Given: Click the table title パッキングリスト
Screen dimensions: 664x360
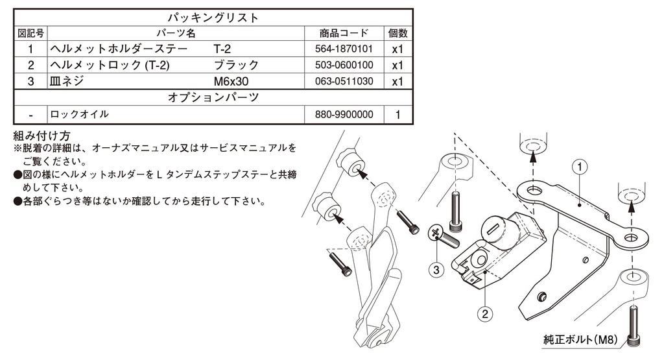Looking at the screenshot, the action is (213, 18).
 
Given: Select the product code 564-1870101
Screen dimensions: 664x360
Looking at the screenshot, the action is (344, 49).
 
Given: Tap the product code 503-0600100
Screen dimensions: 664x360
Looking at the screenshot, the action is (344, 65).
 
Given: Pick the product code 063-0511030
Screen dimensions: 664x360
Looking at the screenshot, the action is (344, 81).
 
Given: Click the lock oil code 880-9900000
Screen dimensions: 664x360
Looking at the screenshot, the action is (344, 114).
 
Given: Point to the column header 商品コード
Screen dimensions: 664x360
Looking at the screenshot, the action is (344, 33).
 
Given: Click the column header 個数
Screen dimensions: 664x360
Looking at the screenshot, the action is (397, 33).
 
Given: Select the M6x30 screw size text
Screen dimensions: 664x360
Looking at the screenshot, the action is (231, 81).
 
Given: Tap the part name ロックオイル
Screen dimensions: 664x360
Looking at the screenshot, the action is (79, 114).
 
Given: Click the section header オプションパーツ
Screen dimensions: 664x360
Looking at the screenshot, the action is (213, 97).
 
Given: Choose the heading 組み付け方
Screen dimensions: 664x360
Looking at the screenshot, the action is (41, 136).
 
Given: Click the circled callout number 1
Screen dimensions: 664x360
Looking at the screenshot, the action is (580, 167).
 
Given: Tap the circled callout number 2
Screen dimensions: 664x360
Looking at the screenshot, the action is (485, 314).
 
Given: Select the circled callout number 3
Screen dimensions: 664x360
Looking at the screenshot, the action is (436, 270).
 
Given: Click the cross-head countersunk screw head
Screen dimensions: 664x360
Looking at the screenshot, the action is (435, 232).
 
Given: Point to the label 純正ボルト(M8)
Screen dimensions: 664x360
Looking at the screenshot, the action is (580, 340).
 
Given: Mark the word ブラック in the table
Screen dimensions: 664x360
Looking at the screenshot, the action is (236, 65).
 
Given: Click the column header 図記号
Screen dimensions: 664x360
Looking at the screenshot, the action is (30, 33).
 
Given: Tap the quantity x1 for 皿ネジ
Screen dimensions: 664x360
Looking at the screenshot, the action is (397, 81).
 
